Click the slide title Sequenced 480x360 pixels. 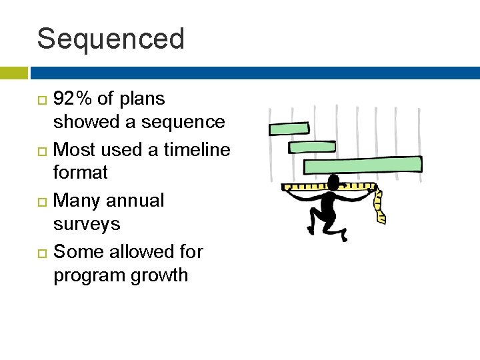point(111,39)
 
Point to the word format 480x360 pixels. point(80,173)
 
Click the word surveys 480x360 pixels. point(87,224)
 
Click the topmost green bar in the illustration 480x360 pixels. point(289,129)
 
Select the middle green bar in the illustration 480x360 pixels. point(312,147)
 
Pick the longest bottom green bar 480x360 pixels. point(363,165)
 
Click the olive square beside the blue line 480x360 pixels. point(13,73)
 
